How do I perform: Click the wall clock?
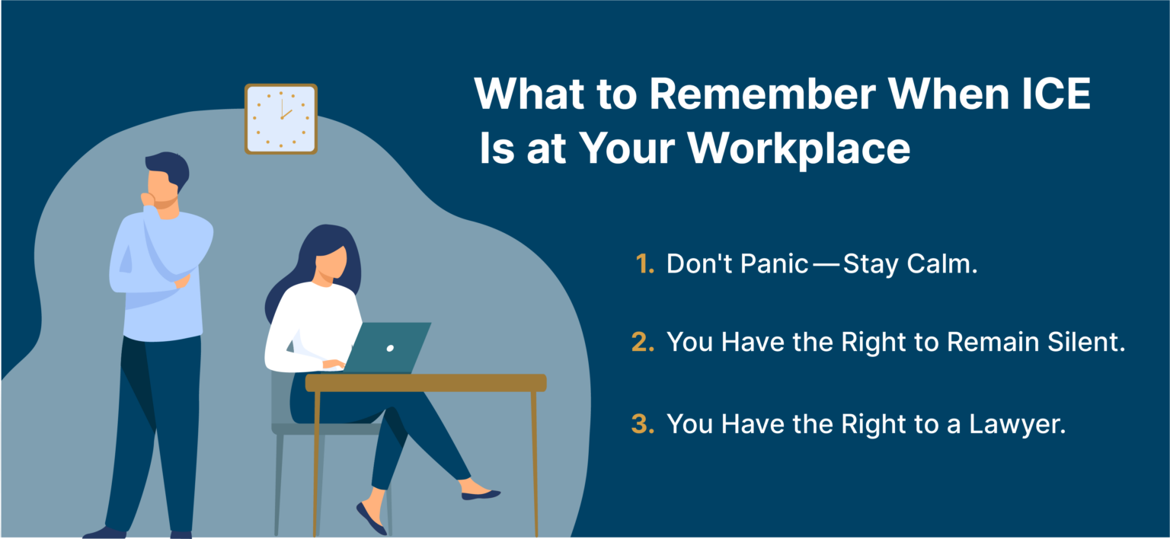click(280, 119)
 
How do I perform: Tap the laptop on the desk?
click(388, 348)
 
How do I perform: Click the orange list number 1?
click(644, 264)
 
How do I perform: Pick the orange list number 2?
click(644, 342)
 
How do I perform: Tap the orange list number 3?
click(644, 424)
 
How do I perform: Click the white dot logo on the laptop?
click(390, 348)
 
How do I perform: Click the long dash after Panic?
click(825, 265)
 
